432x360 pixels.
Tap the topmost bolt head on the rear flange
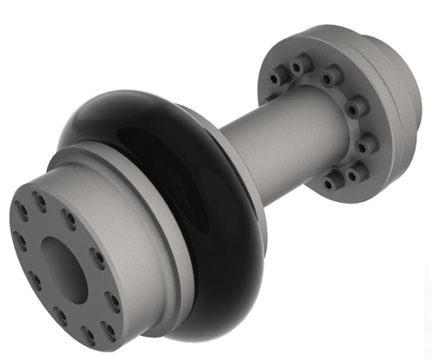[x=298, y=62]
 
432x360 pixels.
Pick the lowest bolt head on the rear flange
[x=333, y=183]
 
